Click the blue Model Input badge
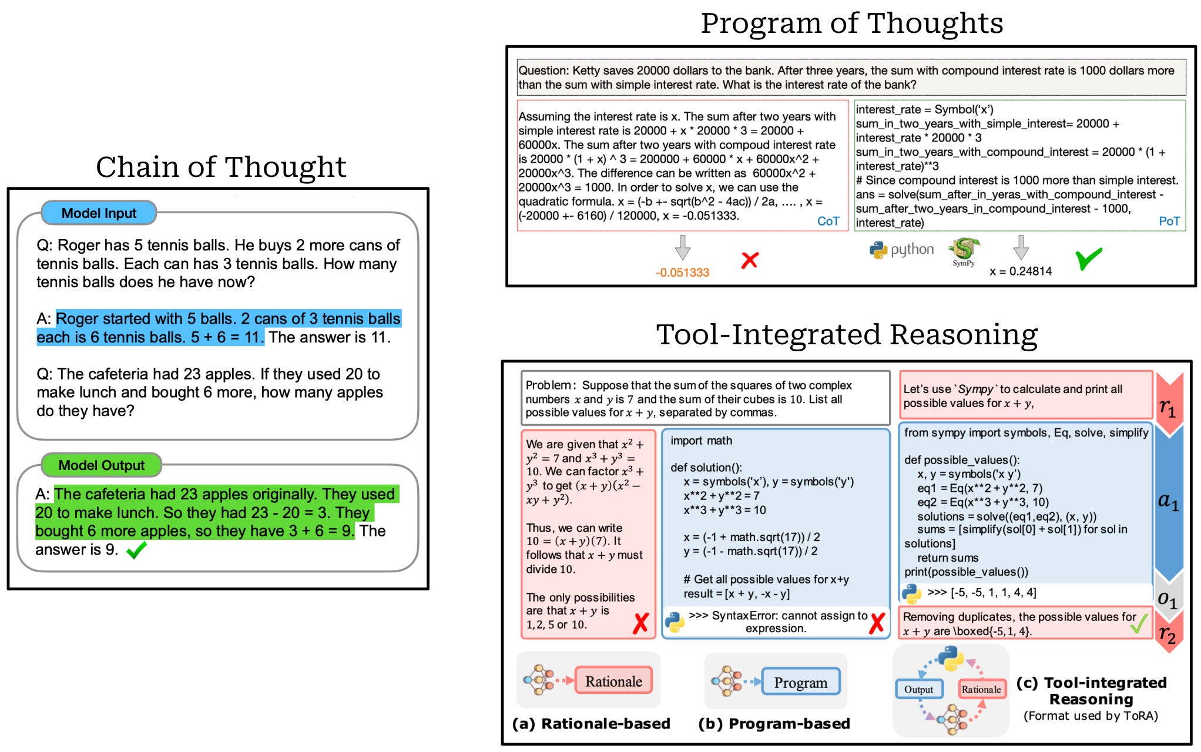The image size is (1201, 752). [x=99, y=213]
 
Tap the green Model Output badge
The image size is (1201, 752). [x=101, y=465]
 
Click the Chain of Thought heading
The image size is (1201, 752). [x=221, y=167]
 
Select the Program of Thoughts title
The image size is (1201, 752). [x=851, y=23]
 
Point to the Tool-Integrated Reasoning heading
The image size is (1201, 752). [x=847, y=335]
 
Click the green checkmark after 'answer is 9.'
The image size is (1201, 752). [x=136, y=550]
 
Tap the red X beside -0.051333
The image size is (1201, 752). [x=750, y=260]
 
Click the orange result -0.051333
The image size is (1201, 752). [x=682, y=273]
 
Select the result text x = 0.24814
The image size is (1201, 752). [x=1021, y=271]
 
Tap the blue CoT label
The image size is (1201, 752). [x=828, y=221]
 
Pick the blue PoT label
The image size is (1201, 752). [x=1169, y=221]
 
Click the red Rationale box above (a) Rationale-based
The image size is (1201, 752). [x=613, y=681]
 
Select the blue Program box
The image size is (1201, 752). [x=800, y=682]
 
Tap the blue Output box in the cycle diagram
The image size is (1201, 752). [x=918, y=690]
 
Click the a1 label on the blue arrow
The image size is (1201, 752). [x=1168, y=501]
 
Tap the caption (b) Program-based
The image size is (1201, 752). [x=774, y=724]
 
